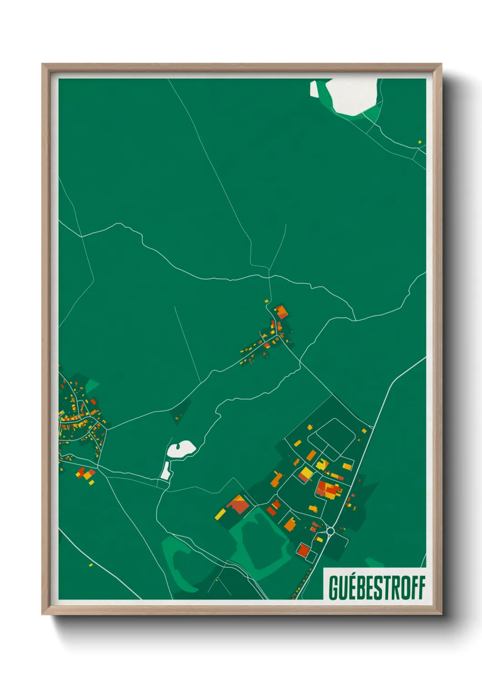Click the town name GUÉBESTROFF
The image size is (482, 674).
[377, 587]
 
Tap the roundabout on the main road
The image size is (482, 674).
[331, 531]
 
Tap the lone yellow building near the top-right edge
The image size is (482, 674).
[420, 142]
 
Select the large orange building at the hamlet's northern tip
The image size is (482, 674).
[282, 312]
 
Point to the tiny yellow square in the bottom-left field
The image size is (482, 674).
[91, 565]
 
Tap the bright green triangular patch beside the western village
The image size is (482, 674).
[92, 385]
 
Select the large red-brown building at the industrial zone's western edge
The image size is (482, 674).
[238, 505]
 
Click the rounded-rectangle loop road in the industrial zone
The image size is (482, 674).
[332, 438]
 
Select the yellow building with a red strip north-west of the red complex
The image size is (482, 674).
[306, 474]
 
